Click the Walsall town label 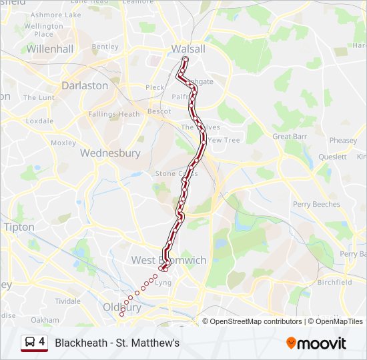click(x=188, y=49)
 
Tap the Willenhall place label click(x=49, y=49)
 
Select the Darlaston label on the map click(x=85, y=85)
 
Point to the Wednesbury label click(x=110, y=153)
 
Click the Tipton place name click(x=19, y=227)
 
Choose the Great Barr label click(x=290, y=136)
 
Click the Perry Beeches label click(x=316, y=204)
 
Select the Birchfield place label click(x=335, y=282)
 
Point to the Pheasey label click(x=343, y=141)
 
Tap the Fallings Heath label click(x=114, y=114)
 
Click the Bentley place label click(x=105, y=47)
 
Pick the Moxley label click(x=63, y=143)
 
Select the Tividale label click(x=67, y=301)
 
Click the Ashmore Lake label click(x=55, y=15)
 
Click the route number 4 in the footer click(x=42, y=342)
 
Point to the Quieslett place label click(x=332, y=157)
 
